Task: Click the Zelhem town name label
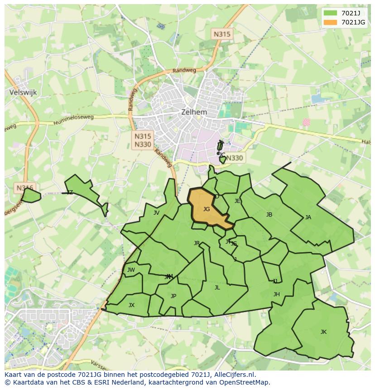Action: click(194, 112)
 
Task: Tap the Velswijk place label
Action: click(23, 92)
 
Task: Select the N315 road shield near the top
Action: click(222, 34)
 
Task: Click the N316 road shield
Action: click(24, 188)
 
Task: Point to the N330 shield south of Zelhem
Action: click(235, 158)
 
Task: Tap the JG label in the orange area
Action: click(207, 209)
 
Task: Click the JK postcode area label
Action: click(323, 332)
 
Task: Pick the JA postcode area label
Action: click(308, 217)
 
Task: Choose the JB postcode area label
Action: click(269, 215)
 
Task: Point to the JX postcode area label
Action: click(131, 305)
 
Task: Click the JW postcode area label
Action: click(131, 270)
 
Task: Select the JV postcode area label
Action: click(156, 213)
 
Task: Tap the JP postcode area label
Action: click(173, 296)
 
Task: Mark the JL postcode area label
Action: click(217, 288)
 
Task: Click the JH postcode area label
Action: click(276, 294)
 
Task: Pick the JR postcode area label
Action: click(197, 243)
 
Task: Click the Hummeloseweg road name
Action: click(73, 120)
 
